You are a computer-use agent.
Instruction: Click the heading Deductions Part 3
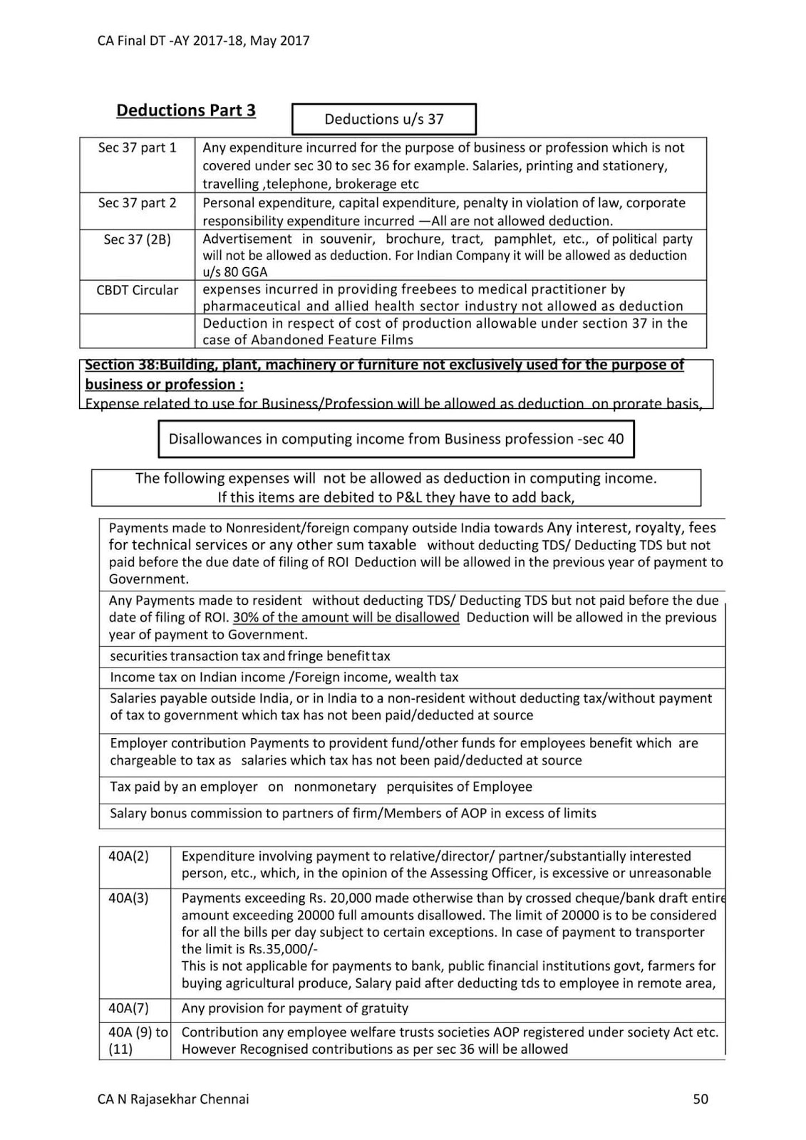tap(186, 110)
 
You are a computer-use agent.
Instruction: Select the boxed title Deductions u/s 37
tap(383, 120)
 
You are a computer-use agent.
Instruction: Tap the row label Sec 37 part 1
tap(137, 147)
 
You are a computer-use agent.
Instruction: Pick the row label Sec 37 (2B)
tap(137, 239)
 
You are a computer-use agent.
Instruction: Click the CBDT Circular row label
tap(137, 290)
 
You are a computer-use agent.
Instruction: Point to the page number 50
tap(700, 1099)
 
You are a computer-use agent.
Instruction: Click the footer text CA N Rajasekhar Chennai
tap(173, 1099)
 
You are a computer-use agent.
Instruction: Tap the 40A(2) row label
tap(128, 856)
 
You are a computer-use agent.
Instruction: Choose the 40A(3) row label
tap(128, 898)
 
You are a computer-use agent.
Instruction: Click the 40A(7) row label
tap(128, 1008)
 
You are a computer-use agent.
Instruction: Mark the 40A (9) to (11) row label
tap(138, 1040)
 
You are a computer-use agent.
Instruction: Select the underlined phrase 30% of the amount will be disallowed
tap(346, 618)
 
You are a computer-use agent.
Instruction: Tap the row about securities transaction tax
tap(249, 656)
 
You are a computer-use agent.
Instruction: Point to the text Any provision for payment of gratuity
tap(294, 1008)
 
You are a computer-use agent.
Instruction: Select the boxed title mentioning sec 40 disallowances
tap(396, 439)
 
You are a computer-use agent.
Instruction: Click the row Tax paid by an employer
tap(321, 787)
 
